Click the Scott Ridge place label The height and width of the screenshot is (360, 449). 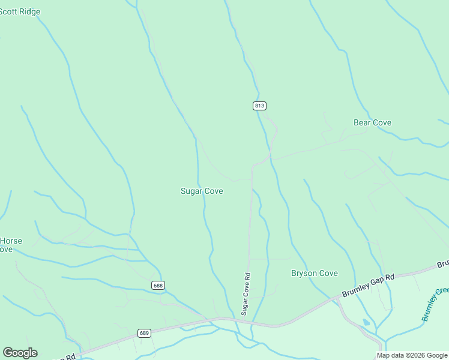[20, 11]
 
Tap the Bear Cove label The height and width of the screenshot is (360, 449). [372, 122]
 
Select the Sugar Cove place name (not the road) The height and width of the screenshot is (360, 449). [202, 191]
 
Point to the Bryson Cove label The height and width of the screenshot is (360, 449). [314, 273]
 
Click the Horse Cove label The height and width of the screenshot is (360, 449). [10, 245]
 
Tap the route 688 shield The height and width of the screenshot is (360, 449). [158, 285]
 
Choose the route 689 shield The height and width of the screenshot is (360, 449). [144, 332]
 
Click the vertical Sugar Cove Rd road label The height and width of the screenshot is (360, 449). [246, 294]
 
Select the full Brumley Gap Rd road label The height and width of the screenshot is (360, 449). [368, 285]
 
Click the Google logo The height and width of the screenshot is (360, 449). [20, 353]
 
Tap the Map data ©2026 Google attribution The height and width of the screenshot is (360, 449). [412, 355]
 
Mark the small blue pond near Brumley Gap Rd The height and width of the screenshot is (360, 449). [366, 322]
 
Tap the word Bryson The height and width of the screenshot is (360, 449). [304, 273]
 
